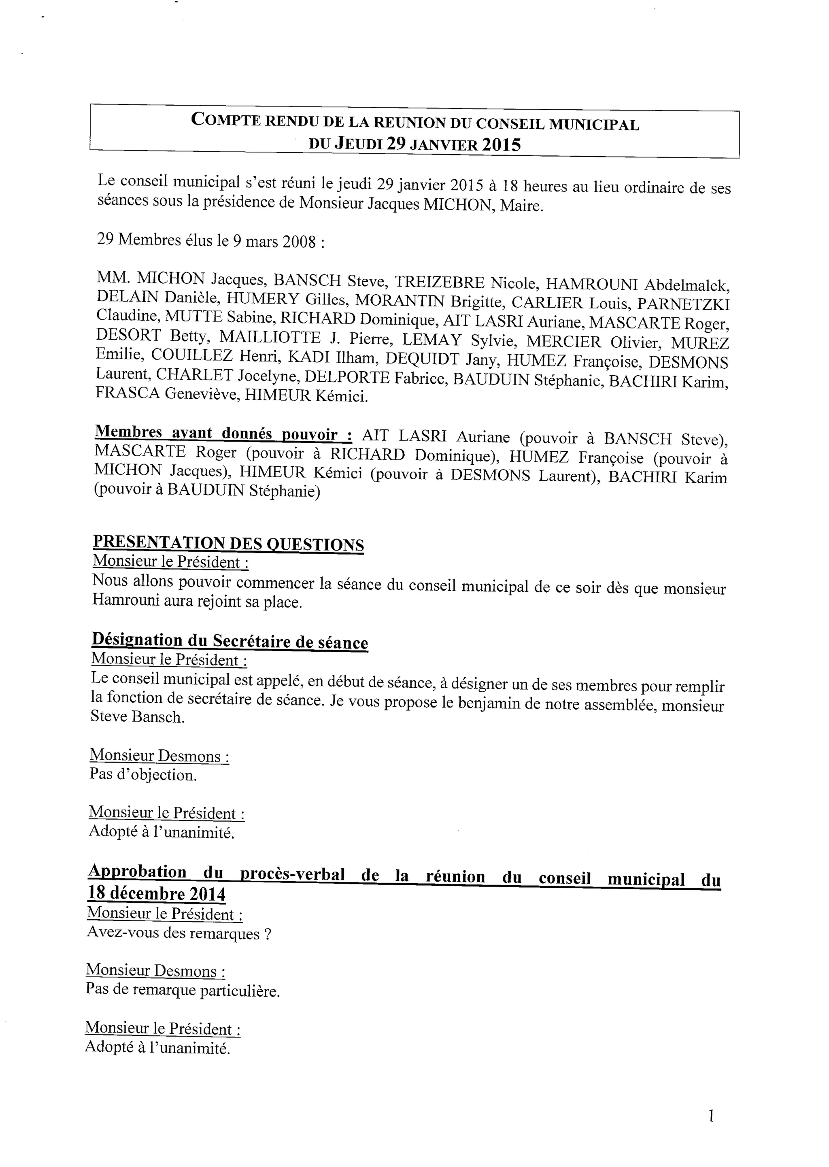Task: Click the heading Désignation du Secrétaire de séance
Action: click(x=230, y=641)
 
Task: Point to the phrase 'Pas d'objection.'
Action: click(x=143, y=775)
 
